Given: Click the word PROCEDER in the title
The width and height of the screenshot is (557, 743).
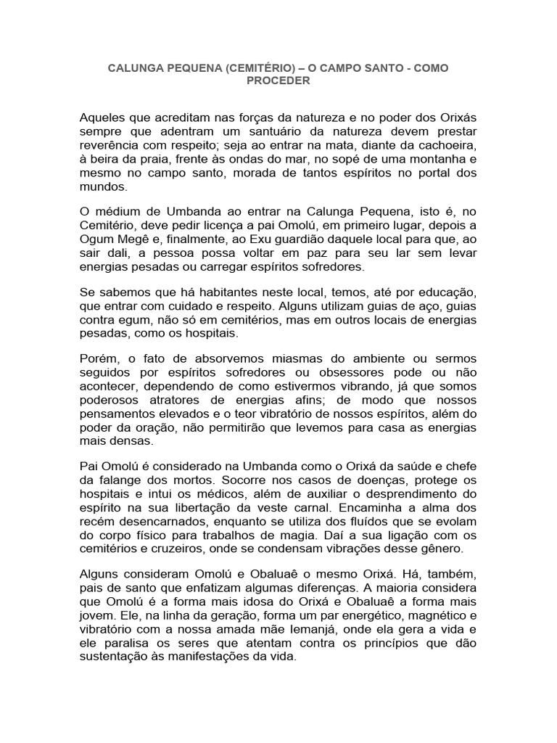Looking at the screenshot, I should click(x=278, y=81).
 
